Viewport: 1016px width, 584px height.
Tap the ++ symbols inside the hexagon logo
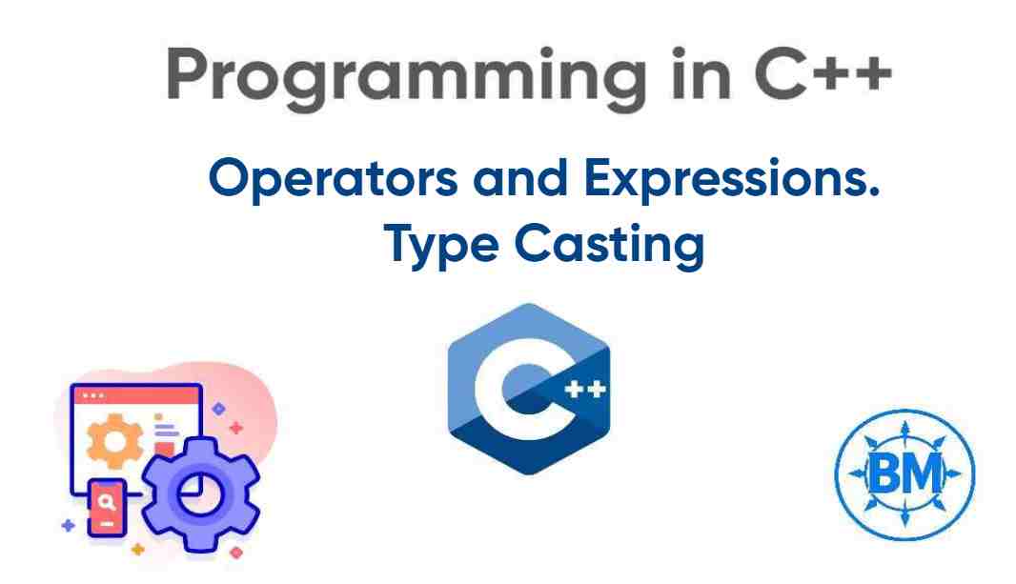pyautogui.click(x=583, y=390)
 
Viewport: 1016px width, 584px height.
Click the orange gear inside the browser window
pyautogui.click(x=112, y=441)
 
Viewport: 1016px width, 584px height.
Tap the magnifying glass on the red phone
pyautogui.click(x=109, y=498)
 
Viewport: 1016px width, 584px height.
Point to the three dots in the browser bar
pyautogui.click(x=93, y=393)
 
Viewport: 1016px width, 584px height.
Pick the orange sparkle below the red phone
pyautogui.click(x=138, y=550)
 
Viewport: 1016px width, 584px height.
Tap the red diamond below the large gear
pyautogui.click(x=236, y=551)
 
